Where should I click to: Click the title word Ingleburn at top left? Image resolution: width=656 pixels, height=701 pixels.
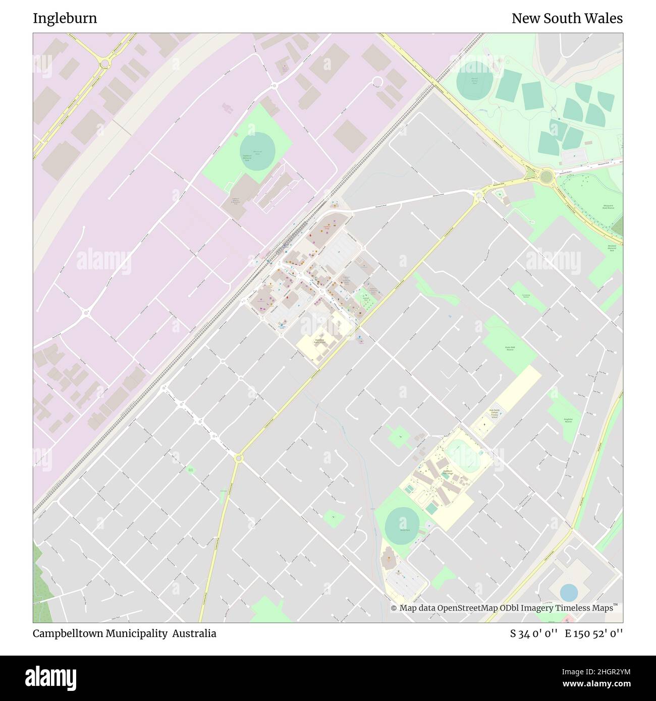point(65,19)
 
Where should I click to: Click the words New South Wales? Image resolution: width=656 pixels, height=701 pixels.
point(567,19)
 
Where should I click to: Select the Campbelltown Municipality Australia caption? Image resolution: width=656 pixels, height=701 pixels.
point(124,633)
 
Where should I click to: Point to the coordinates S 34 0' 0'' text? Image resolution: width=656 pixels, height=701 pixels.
point(533,633)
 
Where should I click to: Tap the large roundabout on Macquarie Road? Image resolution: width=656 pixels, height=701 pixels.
point(545,177)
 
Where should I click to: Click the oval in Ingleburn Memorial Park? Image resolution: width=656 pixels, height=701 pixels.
point(257,151)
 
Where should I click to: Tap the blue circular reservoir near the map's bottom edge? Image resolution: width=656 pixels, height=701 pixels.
point(569,593)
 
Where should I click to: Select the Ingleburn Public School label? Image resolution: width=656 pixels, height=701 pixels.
point(319,341)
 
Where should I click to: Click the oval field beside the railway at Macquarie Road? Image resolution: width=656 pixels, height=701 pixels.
point(474,80)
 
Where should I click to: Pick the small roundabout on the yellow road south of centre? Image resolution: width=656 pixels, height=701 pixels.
point(239,458)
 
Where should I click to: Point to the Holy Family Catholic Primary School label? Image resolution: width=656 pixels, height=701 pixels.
point(494,414)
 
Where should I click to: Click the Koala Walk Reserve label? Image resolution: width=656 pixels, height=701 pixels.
point(510,348)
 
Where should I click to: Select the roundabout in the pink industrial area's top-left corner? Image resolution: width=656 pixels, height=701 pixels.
point(104,64)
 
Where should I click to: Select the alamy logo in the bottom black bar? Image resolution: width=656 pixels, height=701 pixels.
point(50,677)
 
